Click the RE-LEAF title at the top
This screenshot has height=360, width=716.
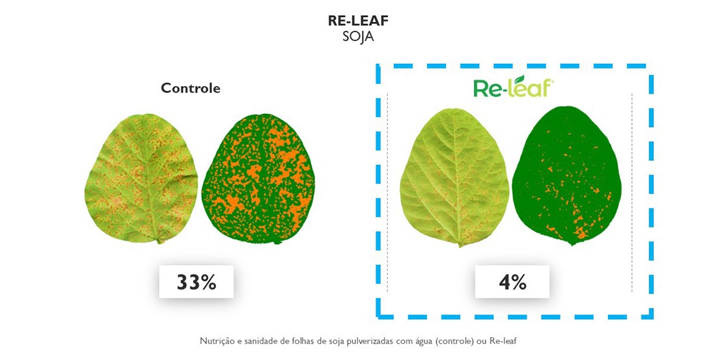359,21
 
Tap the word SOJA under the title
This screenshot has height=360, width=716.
359,36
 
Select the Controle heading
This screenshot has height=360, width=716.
191,88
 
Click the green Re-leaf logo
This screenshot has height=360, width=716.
514,87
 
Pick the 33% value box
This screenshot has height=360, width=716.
197,282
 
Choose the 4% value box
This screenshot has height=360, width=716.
512,282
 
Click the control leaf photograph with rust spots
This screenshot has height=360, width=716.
141,178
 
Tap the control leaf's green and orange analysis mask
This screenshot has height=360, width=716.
258,178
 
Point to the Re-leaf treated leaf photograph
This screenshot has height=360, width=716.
455,177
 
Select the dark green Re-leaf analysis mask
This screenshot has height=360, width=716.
567,176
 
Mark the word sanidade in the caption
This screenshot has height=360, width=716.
252,341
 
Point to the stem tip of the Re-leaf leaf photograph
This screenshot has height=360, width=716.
460,246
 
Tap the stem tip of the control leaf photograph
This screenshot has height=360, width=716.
159,242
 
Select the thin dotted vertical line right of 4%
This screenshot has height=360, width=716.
632,192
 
